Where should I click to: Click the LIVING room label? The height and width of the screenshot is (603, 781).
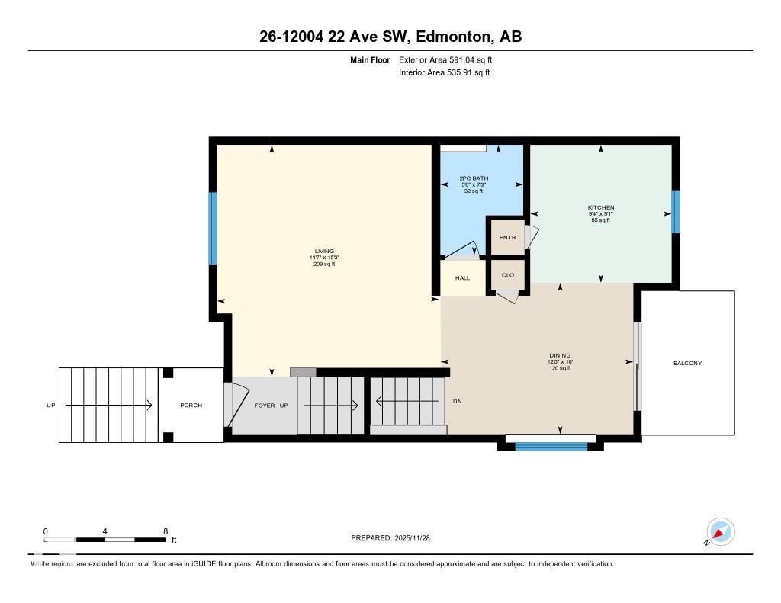[x=324, y=252]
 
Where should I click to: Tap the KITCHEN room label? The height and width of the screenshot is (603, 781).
[x=600, y=208]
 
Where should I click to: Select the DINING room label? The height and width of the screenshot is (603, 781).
[x=560, y=355]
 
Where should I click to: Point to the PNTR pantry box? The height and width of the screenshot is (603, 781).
[x=507, y=237]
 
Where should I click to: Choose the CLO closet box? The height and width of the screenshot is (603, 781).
[x=507, y=275]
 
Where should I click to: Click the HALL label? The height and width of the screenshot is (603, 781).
[x=462, y=278]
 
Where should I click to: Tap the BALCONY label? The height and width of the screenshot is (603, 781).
[x=687, y=364]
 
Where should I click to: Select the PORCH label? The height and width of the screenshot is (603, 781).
[x=191, y=406]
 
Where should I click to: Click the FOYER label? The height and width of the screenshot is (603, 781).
[x=264, y=406]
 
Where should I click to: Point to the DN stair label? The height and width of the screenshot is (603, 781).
[x=457, y=401]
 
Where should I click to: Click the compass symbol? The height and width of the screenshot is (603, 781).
[x=719, y=531]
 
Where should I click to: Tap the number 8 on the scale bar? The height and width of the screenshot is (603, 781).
[x=165, y=531]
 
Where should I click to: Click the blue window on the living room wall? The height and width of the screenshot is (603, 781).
[x=213, y=228]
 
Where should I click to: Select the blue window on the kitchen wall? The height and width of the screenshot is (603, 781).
[x=675, y=211]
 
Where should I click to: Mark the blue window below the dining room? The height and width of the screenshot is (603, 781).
[x=551, y=446]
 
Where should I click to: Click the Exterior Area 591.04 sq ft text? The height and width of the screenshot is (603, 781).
[x=451, y=59]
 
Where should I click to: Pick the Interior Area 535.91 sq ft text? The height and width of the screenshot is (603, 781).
[x=444, y=73]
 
